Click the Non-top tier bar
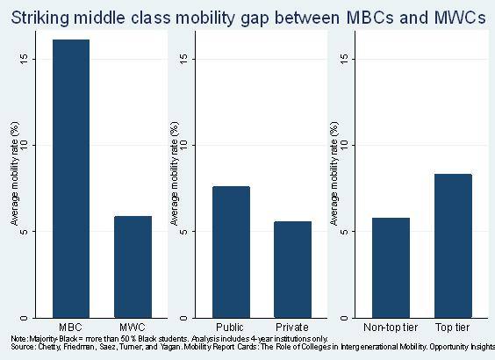pos(391,268)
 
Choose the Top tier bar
pos(454,246)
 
